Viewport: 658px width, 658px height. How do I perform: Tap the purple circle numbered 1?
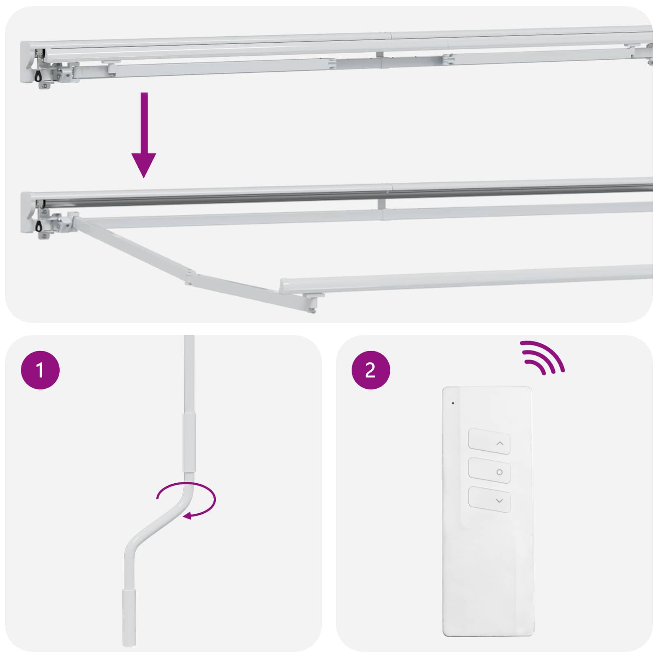pos(40,370)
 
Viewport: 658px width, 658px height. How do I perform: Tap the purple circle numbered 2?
pos(370,370)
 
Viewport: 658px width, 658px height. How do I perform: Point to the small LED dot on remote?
pos(453,403)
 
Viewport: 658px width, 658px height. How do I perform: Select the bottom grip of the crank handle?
pos(129,617)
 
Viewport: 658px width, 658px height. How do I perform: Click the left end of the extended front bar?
pos(284,286)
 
